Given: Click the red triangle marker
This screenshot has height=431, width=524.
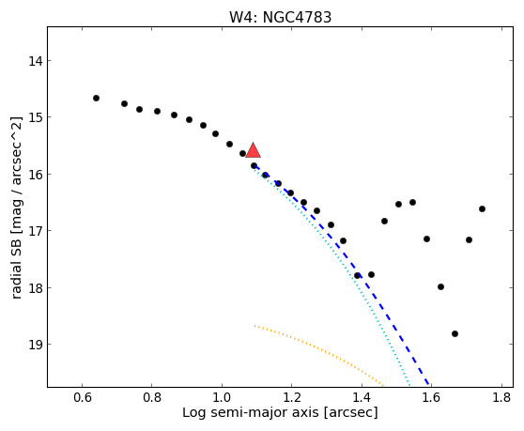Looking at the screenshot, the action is pos(253,150).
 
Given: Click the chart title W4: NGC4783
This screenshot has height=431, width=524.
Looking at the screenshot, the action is pos(280,18).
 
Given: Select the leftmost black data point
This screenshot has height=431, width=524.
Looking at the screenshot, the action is pos(96,98).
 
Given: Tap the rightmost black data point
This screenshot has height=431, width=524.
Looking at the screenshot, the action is pos(482,208).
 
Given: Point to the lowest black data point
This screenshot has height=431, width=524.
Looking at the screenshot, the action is pos(455,333).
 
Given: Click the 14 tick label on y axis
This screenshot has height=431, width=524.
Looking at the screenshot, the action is pos(35,61).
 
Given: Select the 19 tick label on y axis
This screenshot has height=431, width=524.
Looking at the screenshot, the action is pos(35,345).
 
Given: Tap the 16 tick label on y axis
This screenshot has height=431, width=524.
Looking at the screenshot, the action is pos(35,175).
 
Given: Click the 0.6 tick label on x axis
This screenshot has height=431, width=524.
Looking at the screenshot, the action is pos(83,397).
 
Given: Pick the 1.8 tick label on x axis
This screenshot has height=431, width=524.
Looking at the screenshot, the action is pos(501,397).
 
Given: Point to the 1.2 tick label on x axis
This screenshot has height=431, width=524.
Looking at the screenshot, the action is pos(292,397).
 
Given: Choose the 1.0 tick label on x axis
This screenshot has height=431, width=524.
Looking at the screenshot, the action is pos(222,397).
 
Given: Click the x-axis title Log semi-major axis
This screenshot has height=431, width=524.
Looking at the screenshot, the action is pos(251,413).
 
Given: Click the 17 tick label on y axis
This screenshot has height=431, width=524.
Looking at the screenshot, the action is pos(35,231).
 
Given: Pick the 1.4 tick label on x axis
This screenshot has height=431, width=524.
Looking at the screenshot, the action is pos(362,397).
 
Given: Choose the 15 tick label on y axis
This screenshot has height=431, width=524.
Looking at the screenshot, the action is pos(35,117).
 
